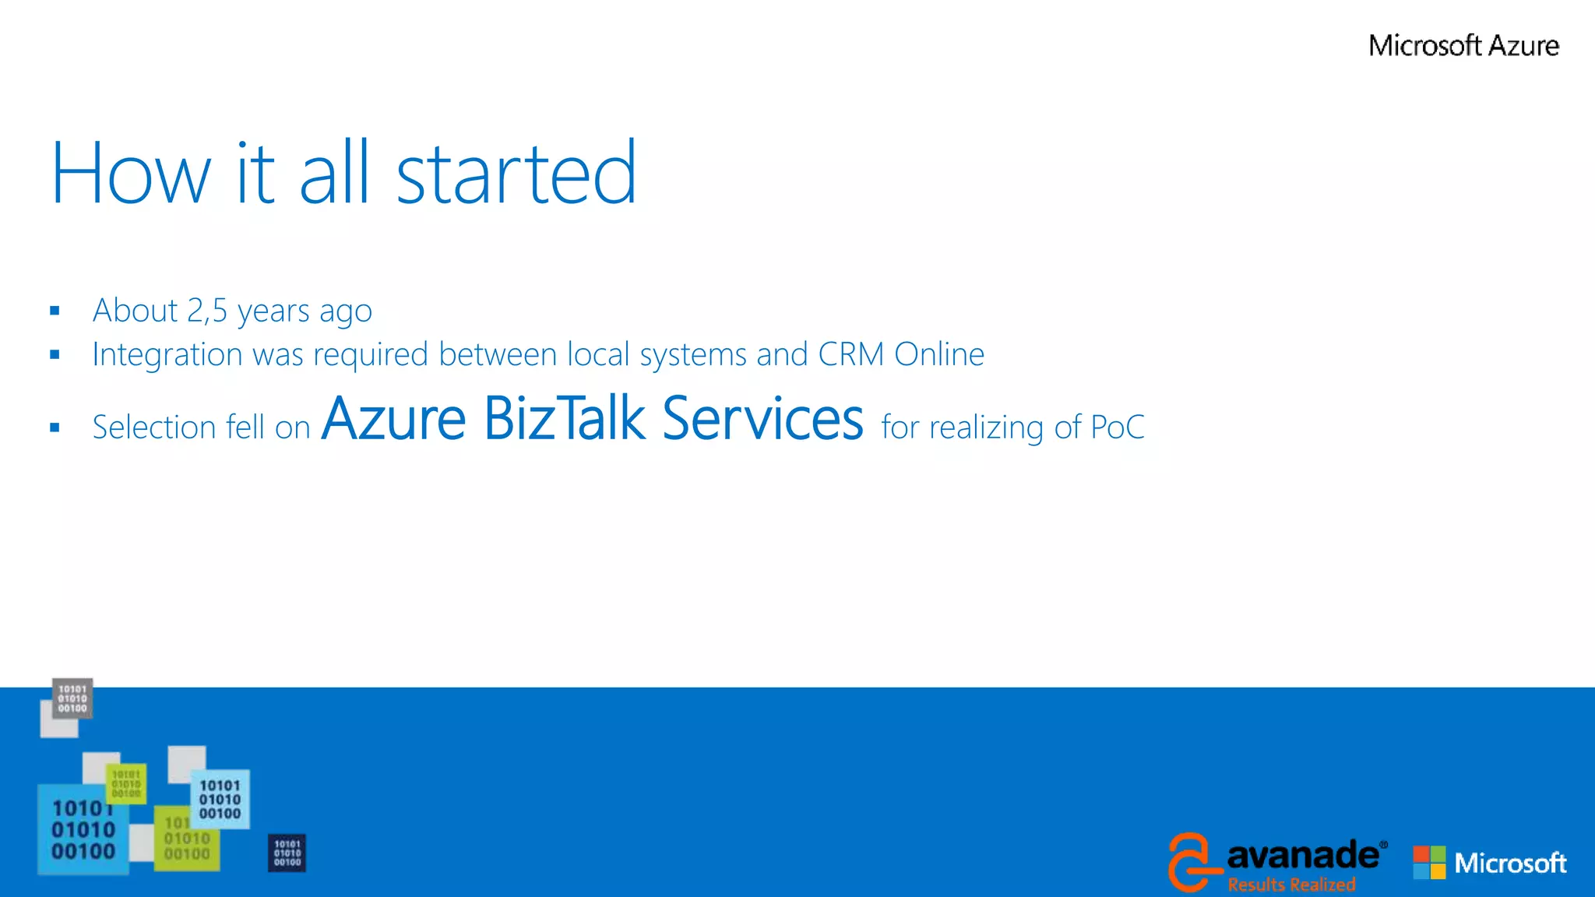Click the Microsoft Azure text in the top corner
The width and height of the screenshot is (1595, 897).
pos(1463,46)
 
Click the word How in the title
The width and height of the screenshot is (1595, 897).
pos(131,173)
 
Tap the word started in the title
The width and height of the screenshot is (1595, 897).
pos(516,173)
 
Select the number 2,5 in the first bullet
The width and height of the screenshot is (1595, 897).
pos(207,311)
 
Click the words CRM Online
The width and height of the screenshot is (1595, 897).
pos(901,355)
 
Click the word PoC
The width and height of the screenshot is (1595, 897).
pos(1118,427)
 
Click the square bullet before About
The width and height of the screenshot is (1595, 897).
pos(55,311)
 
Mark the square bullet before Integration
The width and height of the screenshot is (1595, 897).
pos(55,355)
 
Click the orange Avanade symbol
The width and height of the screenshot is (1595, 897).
pos(1190,861)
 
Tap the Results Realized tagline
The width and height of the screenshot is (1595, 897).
pos(1291,885)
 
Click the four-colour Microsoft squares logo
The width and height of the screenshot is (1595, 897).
pos(1429,863)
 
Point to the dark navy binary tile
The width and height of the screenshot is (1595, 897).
pos(287,853)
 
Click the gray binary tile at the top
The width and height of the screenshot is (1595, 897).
pos(72,698)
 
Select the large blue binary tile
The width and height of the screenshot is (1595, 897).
pos(83,830)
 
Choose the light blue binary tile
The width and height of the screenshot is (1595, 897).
pos(220,800)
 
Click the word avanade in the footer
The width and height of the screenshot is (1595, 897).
pos(1302,856)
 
